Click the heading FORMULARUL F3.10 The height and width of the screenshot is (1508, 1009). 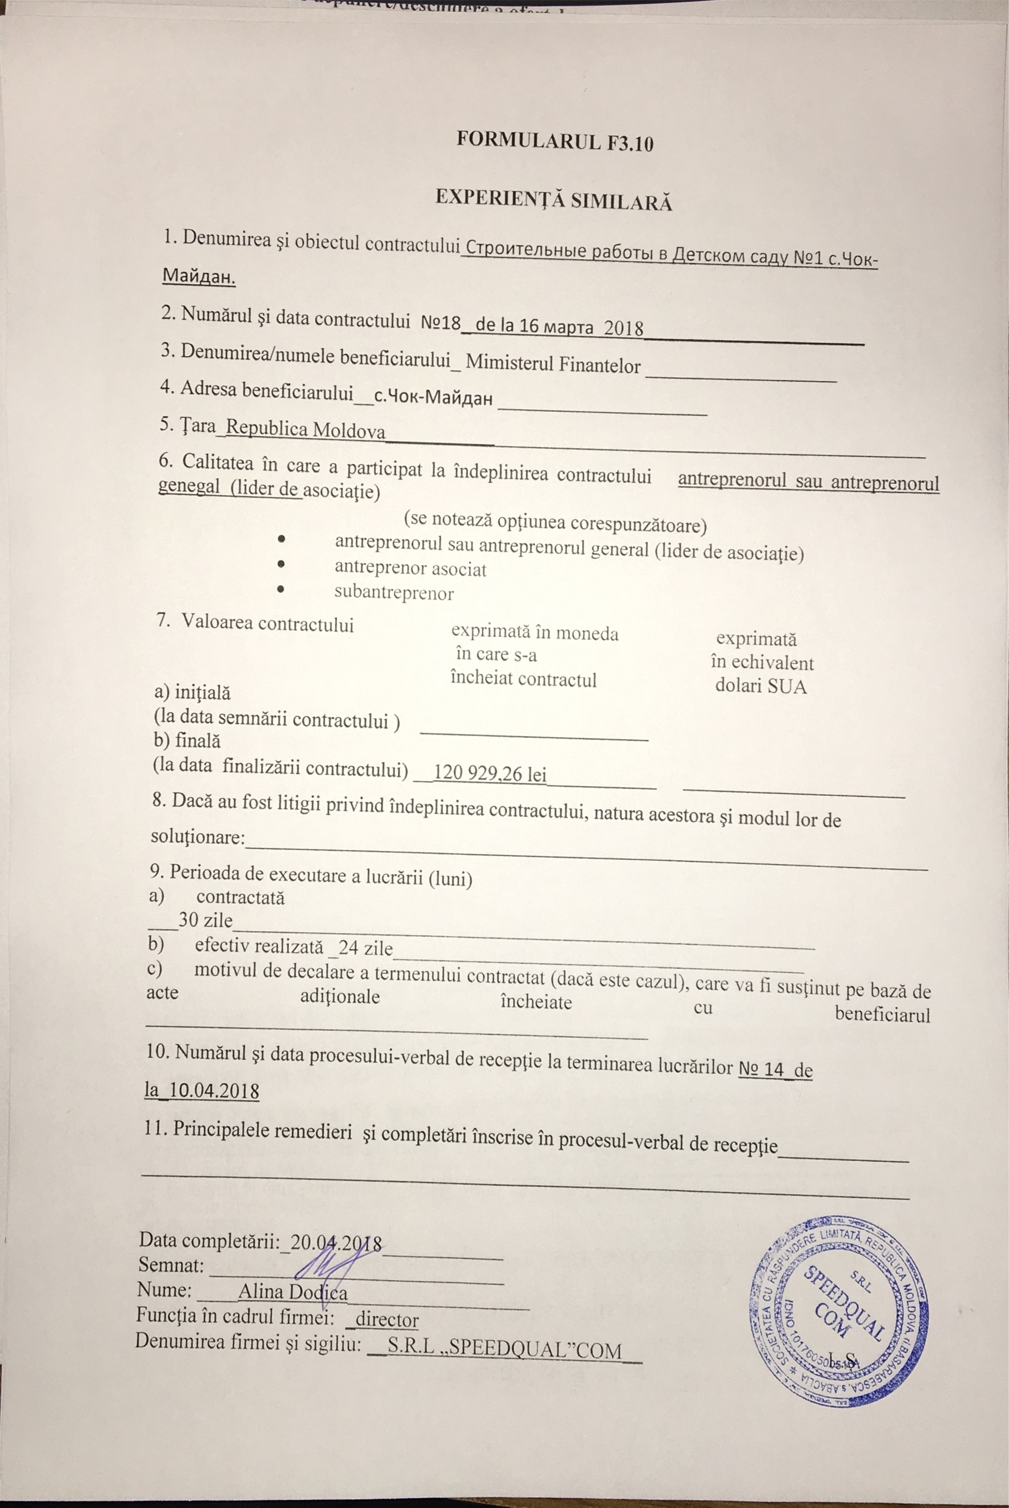(555, 141)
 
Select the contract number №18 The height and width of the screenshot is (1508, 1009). (441, 321)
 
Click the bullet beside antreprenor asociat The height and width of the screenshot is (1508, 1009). (281, 564)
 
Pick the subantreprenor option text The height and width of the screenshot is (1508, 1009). (394, 593)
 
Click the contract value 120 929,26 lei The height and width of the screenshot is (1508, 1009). (490, 773)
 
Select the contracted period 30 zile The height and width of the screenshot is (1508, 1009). (205, 920)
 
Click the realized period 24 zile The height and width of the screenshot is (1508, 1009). (366, 948)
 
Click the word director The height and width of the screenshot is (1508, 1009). (387, 1319)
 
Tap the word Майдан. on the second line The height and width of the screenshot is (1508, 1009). (199, 277)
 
